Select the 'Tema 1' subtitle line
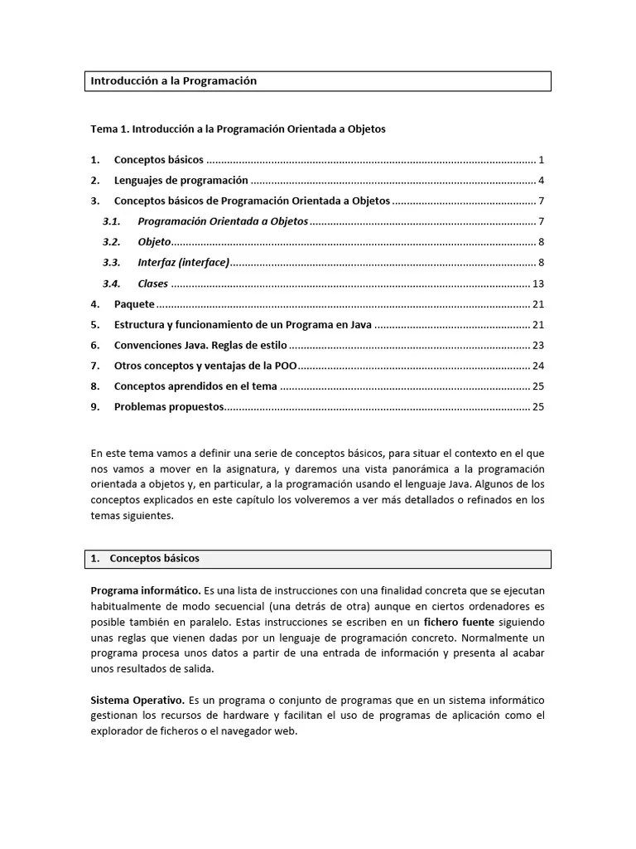pyautogui.click(x=238, y=129)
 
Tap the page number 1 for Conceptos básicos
pyautogui.click(x=541, y=160)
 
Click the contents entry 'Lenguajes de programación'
pyautogui.click(x=181, y=181)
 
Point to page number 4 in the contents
pyautogui.click(x=541, y=181)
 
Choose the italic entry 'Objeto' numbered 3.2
pyautogui.click(x=154, y=242)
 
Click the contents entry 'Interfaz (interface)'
pyautogui.click(x=183, y=263)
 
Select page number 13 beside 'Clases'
pyautogui.click(x=537, y=284)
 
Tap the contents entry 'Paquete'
pyautogui.click(x=134, y=304)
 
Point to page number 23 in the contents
pyautogui.click(x=537, y=346)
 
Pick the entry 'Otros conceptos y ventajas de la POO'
pyautogui.click(x=205, y=366)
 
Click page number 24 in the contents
pyautogui.click(x=537, y=366)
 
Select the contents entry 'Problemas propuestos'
pyautogui.click(x=169, y=407)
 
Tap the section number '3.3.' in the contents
pyautogui.click(x=112, y=263)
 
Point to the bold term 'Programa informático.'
pyautogui.click(x=146, y=591)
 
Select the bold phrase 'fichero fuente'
pyautogui.click(x=460, y=622)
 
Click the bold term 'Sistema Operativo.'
pyautogui.click(x=137, y=701)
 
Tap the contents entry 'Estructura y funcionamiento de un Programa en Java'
pyautogui.click(x=243, y=325)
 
